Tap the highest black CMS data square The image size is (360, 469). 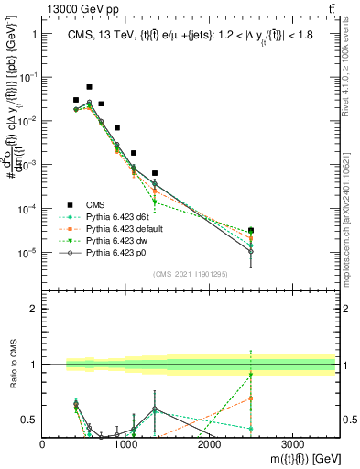pyautogui.click(x=89, y=87)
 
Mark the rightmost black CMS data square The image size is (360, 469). pyautogui.click(x=251, y=231)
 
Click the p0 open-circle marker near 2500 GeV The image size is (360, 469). pyautogui.click(x=251, y=251)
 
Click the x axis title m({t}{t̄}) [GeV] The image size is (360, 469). pyautogui.click(x=293, y=459)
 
